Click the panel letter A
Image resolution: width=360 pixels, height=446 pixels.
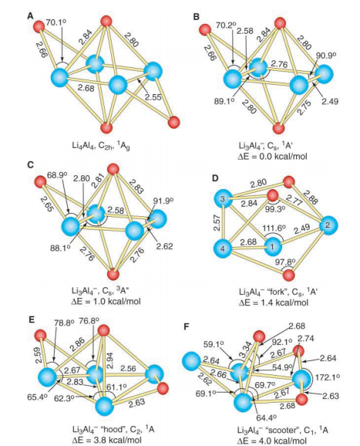[x=30, y=16]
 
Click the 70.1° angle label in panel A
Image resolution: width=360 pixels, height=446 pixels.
[x=56, y=22]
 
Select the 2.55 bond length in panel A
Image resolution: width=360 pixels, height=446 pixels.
[x=153, y=97]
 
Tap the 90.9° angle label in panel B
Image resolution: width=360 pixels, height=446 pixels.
[x=326, y=56]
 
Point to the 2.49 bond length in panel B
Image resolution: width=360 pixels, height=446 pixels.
[x=330, y=101]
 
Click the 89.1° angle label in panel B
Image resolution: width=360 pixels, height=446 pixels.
[x=224, y=101]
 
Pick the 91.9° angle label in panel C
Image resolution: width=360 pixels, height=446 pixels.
[x=163, y=201]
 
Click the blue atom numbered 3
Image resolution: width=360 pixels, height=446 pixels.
[x=223, y=199]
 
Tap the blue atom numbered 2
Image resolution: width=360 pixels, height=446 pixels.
[x=328, y=225]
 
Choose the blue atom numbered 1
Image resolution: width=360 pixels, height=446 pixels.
[x=273, y=246]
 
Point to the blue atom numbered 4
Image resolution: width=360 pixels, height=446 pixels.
[x=223, y=248]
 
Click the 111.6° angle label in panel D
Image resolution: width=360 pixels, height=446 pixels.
[x=274, y=228]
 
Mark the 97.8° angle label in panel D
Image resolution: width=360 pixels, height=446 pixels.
[x=285, y=262]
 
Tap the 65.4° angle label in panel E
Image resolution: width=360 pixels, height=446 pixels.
[x=38, y=397]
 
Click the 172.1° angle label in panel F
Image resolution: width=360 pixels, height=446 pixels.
[x=327, y=377]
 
